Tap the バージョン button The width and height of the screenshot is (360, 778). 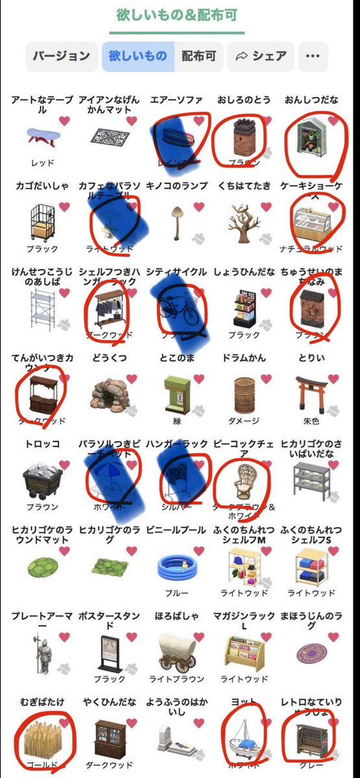click(x=61, y=56)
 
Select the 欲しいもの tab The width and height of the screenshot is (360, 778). click(x=138, y=56)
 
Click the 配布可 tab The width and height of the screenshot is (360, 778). click(x=198, y=56)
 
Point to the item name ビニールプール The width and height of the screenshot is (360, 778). click(x=176, y=530)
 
